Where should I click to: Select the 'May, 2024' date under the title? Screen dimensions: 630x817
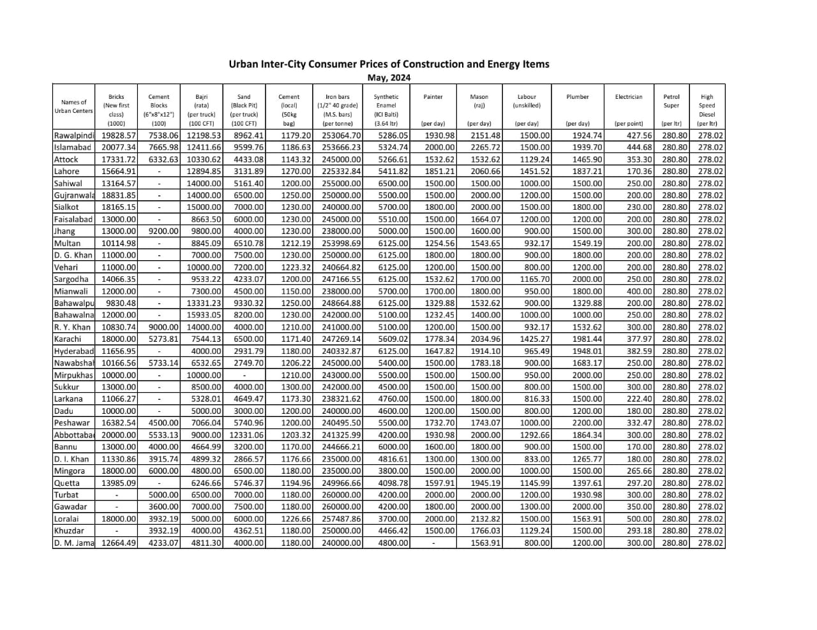point(389,78)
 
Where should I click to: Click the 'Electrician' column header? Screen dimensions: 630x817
point(628,97)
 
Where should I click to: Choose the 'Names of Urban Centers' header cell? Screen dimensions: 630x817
point(73,106)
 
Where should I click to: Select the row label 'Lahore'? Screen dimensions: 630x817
point(67,172)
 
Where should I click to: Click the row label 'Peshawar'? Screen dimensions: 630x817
point(72,423)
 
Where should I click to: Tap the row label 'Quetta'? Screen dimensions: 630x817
point(67,483)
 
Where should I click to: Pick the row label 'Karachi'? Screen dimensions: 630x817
point(68,339)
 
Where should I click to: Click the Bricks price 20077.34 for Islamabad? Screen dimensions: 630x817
point(119,147)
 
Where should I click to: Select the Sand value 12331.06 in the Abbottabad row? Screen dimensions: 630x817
point(246,435)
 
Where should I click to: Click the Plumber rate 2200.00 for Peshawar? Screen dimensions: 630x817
point(587,423)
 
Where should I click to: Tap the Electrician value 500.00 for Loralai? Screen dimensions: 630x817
point(639,519)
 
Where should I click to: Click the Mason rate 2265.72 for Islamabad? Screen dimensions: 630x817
point(485,147)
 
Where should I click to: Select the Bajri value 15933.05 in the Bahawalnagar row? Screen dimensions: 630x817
point(204,315)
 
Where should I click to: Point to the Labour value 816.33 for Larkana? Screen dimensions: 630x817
point(536,399)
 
